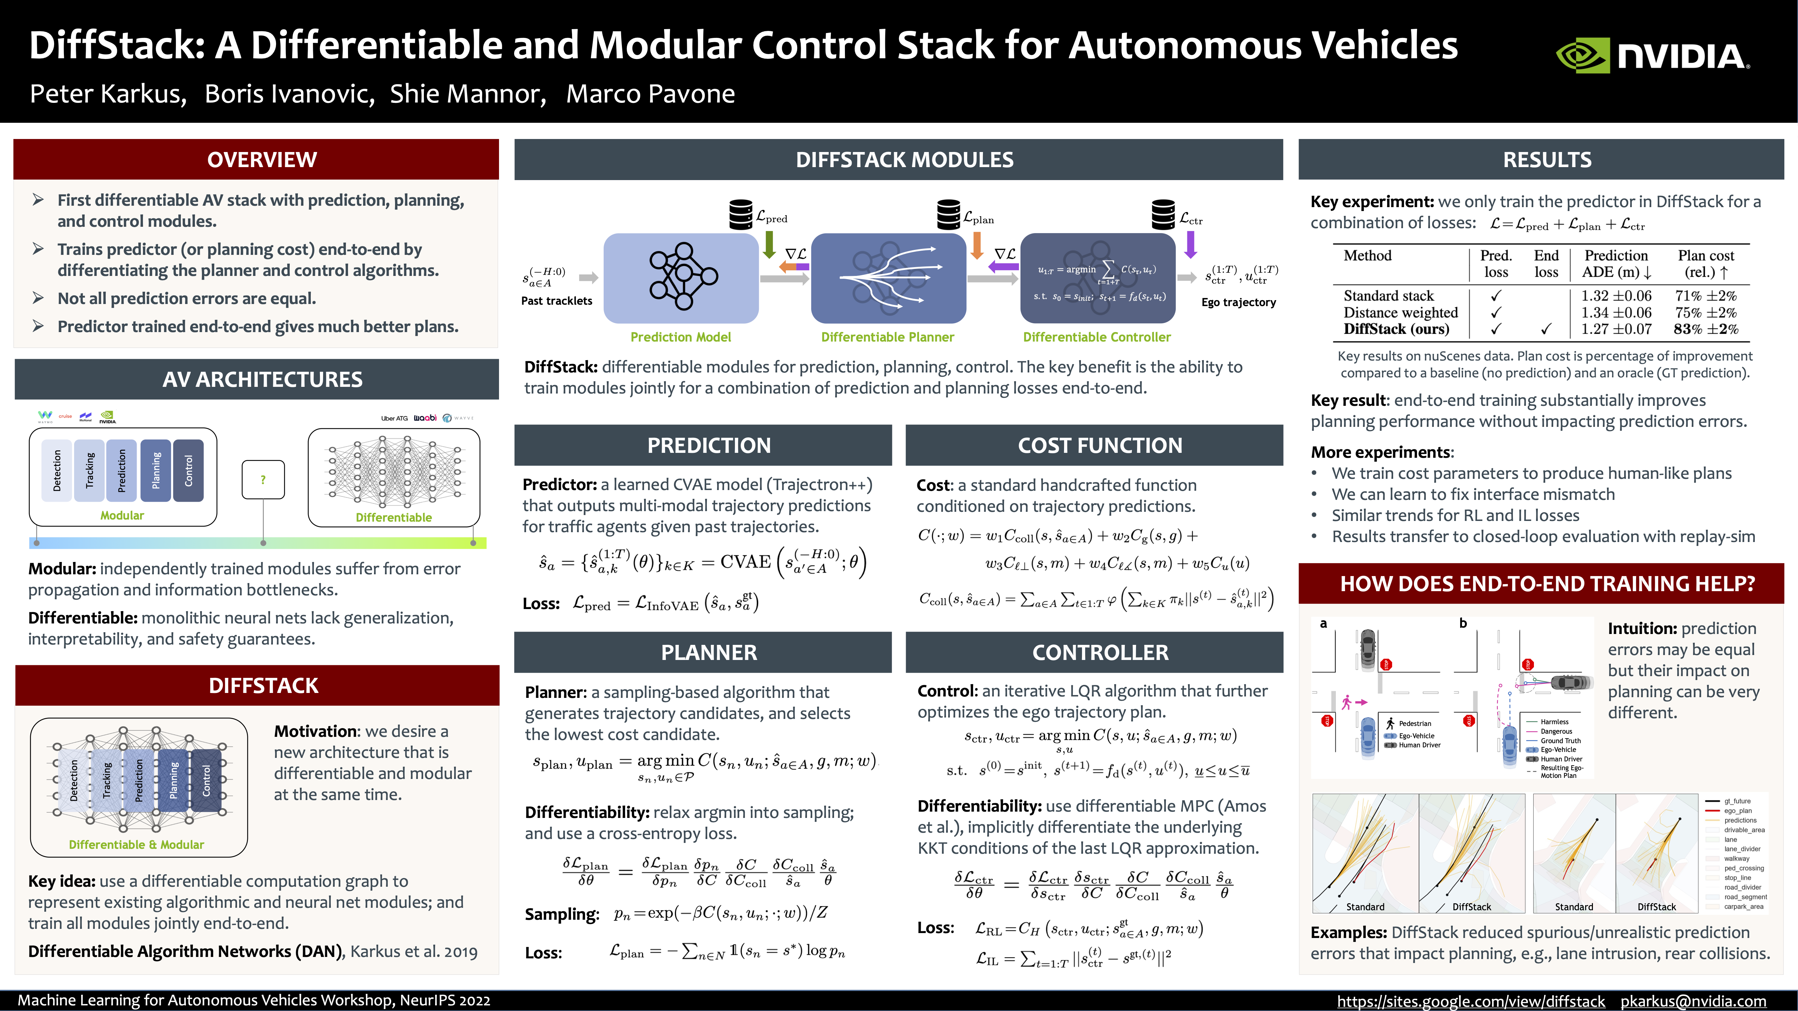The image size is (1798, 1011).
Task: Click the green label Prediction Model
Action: pyautogui.click(x=681, y=337)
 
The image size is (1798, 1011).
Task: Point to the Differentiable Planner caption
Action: pyautogui.click(x=887, y=337)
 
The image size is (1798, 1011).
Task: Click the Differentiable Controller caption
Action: pyautogui.click(x=1096, y=337)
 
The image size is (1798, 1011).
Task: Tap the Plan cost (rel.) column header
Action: pyautogui.click(x=1705, y=264)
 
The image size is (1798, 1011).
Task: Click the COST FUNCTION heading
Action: pyautogui.click(x=1100, y=445)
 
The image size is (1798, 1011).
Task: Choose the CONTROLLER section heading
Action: pyautogui.click(x=1100, y=652)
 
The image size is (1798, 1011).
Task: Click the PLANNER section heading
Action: pyautogui.click(x=708, y=652)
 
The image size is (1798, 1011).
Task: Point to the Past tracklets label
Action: pyautogui.click(x=556, y=301)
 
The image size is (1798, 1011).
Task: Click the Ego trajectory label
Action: pyautogui.click(x=1238, y=302)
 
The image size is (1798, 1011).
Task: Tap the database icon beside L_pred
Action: pyautogui.click(x=741, y=214)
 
